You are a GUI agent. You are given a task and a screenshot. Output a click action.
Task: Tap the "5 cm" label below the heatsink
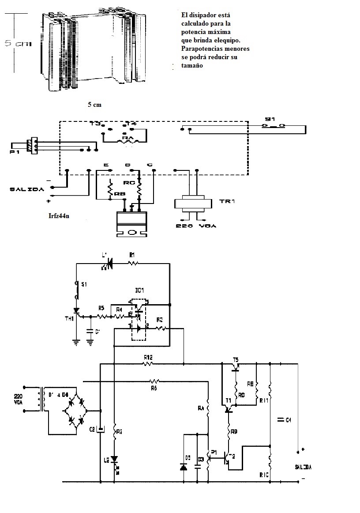[x=94, y=105]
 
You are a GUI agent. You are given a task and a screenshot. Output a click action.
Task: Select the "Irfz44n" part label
[x=61, y=216]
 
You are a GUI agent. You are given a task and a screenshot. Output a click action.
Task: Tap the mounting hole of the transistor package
[x=131, y=232]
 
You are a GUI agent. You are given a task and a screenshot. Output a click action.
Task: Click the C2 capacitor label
[x=92, y=429]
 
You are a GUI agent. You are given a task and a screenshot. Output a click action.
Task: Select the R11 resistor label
[x=264, y=400]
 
